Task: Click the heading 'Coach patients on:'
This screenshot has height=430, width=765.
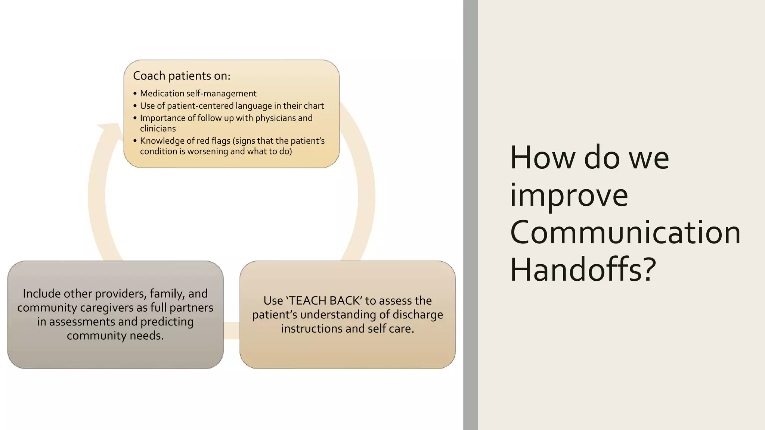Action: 182,76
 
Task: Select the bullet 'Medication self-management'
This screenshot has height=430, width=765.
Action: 198,93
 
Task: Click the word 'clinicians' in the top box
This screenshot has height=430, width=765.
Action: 158,128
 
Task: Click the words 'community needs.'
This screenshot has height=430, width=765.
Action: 115,336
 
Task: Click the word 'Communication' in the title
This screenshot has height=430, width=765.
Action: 625,232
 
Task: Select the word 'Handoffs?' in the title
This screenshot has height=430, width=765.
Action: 583,269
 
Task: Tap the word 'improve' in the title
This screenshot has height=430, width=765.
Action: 569,195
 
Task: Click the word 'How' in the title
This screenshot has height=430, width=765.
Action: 542,158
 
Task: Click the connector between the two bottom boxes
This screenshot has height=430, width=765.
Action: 232,330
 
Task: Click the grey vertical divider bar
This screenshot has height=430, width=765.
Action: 470,215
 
